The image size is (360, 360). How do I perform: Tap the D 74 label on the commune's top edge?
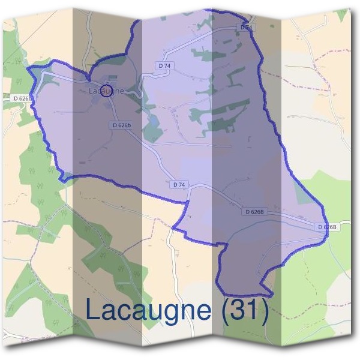[x=247, y=27]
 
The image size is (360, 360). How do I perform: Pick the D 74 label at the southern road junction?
[x=178, y=184]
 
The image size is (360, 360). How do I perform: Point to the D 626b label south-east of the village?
[x=121, y=125]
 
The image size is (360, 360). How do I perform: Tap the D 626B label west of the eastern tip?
[x=255, y=212]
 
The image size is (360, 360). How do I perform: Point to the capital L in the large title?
[x=94, y=310]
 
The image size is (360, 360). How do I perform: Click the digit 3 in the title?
[x=241, y=310]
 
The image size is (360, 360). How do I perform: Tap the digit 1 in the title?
[x=255, y=310]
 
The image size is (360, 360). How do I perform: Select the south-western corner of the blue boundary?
[x=61, y=178]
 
